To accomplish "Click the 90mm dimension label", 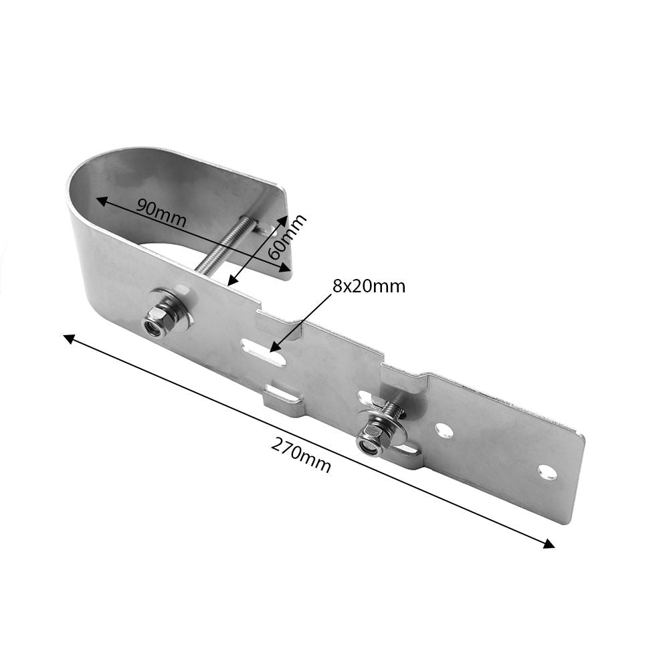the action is pyautogui.click(x=161, y=213).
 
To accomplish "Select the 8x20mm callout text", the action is pyautogui.click(x=369, y=286).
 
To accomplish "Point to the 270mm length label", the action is pyautogui.click(x=301, y=456).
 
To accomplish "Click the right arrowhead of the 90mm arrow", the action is pyautogui.click(x=284, y=268).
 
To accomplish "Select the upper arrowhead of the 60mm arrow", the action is pyautogui.click(x=284, y=220).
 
